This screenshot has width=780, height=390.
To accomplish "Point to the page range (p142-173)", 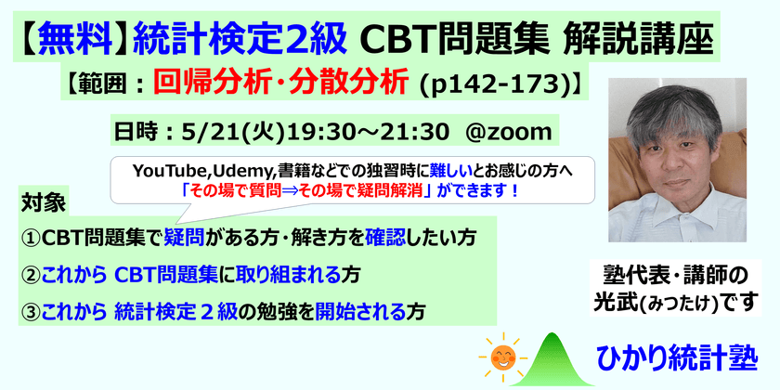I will (x=494, y=83).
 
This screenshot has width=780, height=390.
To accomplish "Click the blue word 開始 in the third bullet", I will (x=359, y=310).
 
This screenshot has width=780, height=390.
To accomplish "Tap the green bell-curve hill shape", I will (x=557, y=357).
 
